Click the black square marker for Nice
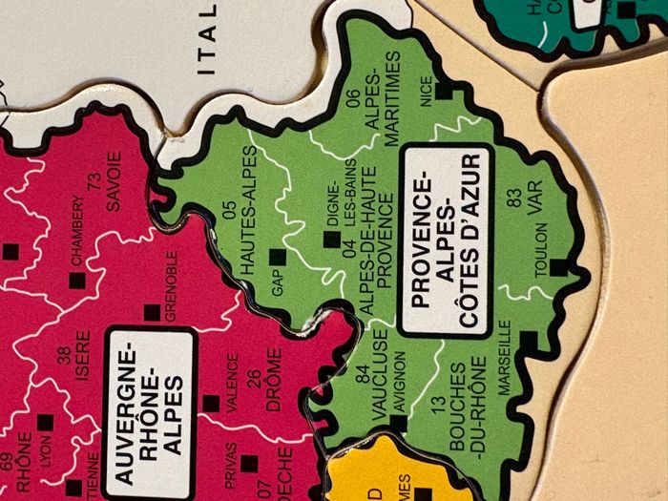[x=441, y=92]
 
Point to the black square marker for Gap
[x=277, y=256]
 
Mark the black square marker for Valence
[x=210, y=404]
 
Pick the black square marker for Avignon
[x=398, y=423]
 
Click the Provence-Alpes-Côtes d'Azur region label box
[x=447, y=240]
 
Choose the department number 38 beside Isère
[x=63, y=354]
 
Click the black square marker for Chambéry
[x=73, y=280]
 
